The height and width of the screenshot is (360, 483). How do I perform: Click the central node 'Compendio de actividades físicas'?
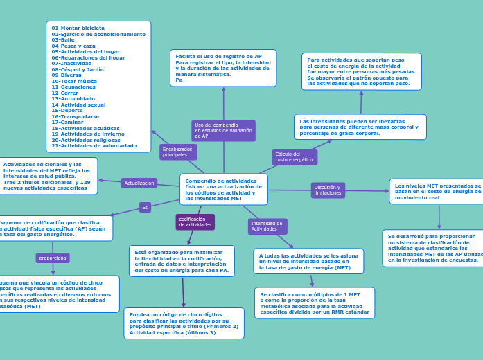[x=223, y=189]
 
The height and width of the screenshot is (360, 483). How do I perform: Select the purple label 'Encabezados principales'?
[x=178, y=152]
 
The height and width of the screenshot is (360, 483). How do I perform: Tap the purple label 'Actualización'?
[x=139, y=183]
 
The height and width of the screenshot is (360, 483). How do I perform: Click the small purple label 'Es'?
[x=145, y=207]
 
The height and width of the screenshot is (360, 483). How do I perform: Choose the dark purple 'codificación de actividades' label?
[x=195, y=222]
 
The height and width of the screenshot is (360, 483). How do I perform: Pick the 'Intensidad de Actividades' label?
[x=267, y=226]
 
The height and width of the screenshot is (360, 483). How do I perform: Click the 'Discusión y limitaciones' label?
[x=328, y=190]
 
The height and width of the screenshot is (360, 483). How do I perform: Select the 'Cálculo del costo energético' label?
[x=295, y=157]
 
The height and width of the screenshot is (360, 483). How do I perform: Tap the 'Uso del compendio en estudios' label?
[x=223, y=131]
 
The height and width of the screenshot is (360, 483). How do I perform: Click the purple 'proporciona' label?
[x=53, y=258]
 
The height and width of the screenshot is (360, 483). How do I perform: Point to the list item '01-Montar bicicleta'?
[x=78, y=28]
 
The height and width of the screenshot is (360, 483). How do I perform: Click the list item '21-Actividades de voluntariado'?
[x=94, y=145]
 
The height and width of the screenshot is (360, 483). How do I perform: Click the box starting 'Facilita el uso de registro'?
[x=223, y=68]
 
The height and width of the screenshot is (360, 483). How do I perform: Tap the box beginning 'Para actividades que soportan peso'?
[x=361, y=71]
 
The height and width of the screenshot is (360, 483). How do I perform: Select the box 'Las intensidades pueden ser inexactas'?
[x=360, y=127]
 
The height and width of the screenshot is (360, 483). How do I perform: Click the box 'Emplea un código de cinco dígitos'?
[x=184, y=323]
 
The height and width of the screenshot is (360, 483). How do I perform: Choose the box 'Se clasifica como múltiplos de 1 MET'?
[x=315, y=303]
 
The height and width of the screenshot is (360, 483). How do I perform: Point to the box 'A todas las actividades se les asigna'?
[x=308, y=261]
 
